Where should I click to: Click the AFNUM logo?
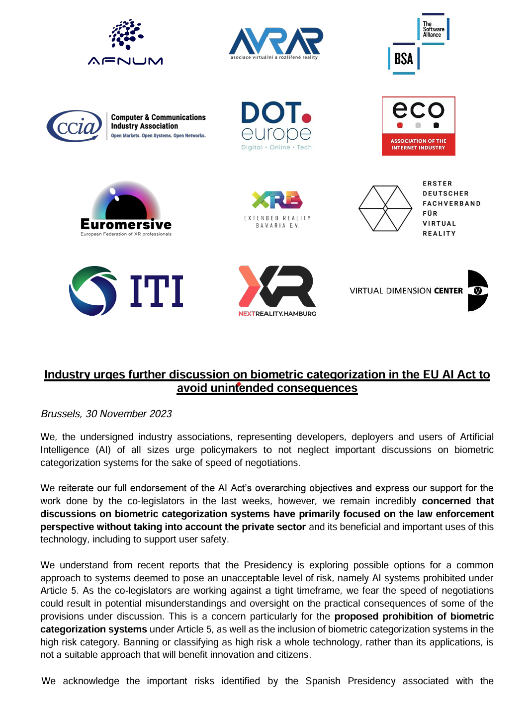(125, 42)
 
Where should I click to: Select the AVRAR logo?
(275, 43)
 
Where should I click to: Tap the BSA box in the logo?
(404, 59)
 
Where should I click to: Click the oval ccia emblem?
(75, 126)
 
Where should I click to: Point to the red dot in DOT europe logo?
(307, 118)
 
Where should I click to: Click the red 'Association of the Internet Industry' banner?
(418, 144)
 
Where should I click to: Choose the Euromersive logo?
(126, 209)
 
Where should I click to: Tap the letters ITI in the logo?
(157, 291)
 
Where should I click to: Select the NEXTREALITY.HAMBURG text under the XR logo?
(277, 314)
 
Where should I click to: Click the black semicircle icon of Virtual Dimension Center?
(477, 291)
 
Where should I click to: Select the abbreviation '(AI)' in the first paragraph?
(103, 450)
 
